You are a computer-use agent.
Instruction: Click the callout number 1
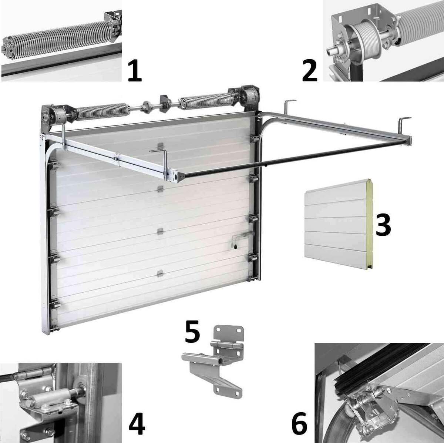click(x=135, y=70)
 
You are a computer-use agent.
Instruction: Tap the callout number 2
click(x=310, y=70)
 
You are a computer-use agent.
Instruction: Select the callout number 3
click(x=383, y=225)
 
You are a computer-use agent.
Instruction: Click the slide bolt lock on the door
click(x=242, y=241)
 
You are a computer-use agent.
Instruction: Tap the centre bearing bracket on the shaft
click(x=164, y=104)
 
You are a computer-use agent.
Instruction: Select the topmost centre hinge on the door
click(x=160, y=146)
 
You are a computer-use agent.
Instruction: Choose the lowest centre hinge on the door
click(x=160, y=273)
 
